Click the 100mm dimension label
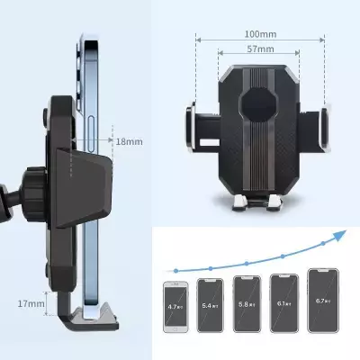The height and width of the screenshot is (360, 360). click(x=259, y=34)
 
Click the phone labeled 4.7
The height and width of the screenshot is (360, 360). click(x=174, y=305)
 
